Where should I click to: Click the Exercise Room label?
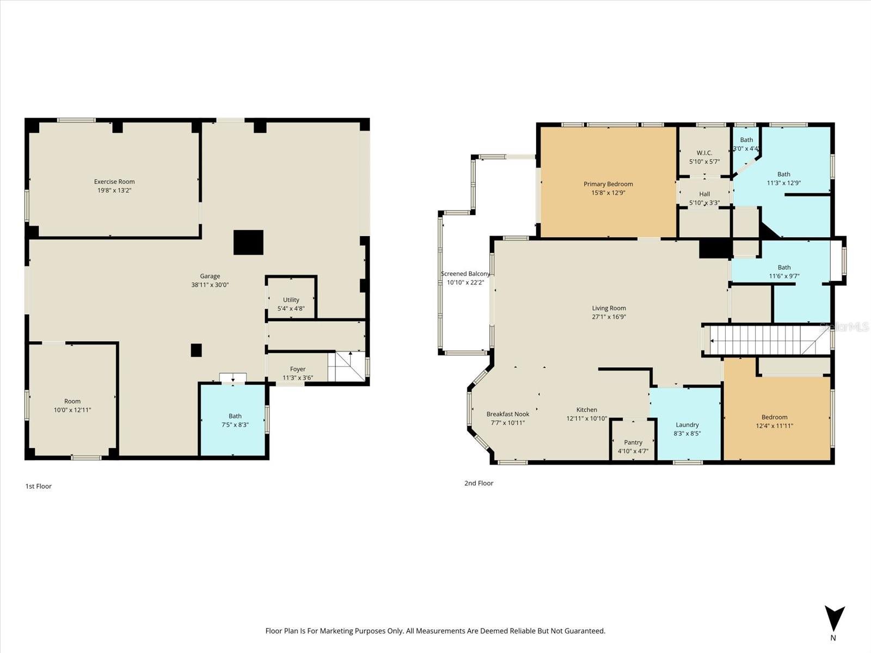(114, 182)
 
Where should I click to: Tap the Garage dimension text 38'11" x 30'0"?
(210, 285)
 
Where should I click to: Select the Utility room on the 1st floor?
(291, 303)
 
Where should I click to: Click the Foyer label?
(297, 369)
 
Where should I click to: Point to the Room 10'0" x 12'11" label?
(72, 405)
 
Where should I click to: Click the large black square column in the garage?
(248, 242)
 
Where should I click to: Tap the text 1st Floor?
(38, 486)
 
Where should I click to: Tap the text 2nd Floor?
(479, 483)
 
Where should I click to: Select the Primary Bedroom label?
(608, 184)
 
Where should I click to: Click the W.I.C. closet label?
(704, 153)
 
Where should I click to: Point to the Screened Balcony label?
(465, 274)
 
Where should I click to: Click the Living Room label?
(609, 308)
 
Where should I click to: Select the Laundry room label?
(687, 425)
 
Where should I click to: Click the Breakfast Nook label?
(507, 414)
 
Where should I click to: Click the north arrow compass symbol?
(834, 619)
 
